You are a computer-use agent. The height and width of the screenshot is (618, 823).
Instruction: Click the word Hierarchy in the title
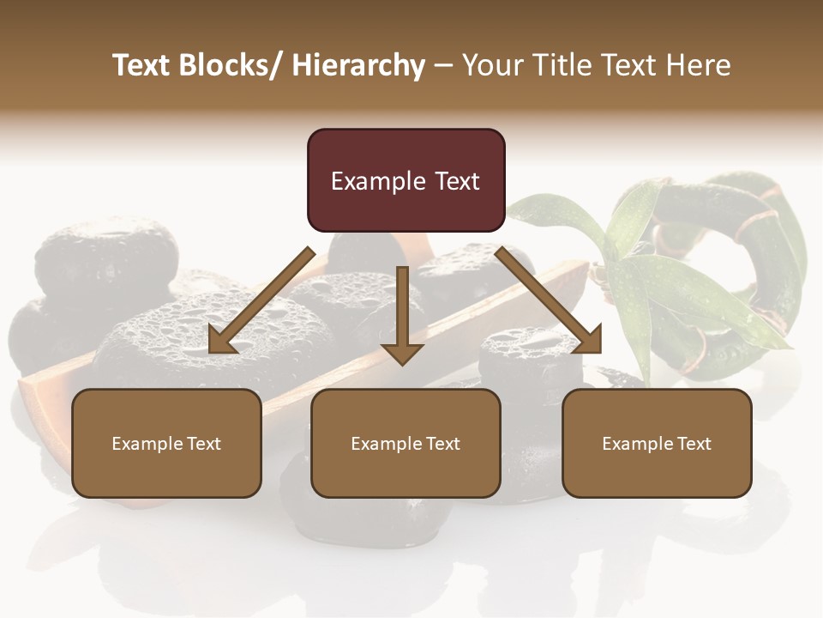(358, 65)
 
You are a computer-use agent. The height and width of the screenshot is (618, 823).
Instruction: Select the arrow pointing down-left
(261, 300)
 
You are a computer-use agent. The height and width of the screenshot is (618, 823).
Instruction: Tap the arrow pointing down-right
(549, 300)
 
